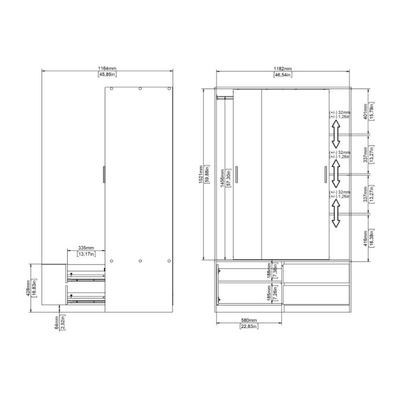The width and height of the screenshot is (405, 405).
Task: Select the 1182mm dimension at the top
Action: pos(282,68)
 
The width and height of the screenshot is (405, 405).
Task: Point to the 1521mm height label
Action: pos(201,174)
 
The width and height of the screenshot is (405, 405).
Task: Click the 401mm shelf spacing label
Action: pos(365,111)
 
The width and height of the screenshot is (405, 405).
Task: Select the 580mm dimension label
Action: pos(250,321)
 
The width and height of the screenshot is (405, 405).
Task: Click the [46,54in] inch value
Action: pos(282,75)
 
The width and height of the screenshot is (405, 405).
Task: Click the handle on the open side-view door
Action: pos(103,174)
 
